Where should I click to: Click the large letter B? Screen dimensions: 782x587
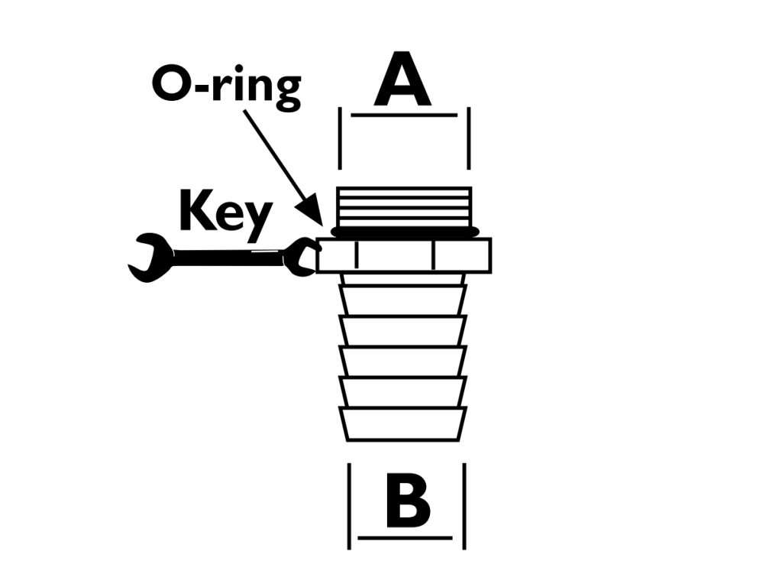407,502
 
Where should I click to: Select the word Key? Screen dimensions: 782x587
224,211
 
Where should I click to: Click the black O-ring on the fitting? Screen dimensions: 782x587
405,230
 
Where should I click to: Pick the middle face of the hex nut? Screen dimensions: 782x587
396,255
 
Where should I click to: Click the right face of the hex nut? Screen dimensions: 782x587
460,255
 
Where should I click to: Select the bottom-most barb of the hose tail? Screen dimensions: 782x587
403,424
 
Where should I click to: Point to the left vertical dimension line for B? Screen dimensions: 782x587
350,504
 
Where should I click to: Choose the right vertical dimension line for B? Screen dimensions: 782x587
464,504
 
